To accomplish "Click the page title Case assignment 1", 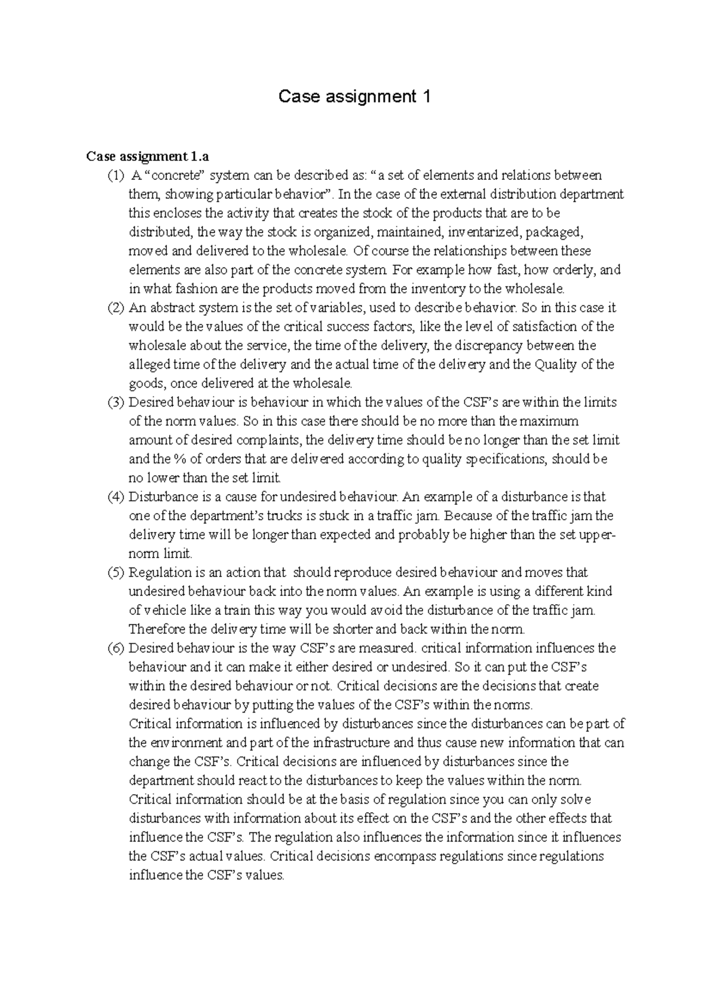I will (x=354, y=96).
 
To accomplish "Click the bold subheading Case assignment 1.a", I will (x=147, y=156).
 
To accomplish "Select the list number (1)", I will (x=116, y=176).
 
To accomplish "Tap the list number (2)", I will (x=116, y=308).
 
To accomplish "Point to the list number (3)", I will (x=116, y=402).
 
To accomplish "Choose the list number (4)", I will (x=116, y=497).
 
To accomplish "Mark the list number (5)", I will (x=116, y=572).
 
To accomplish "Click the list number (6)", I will (x=116, y=648).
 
